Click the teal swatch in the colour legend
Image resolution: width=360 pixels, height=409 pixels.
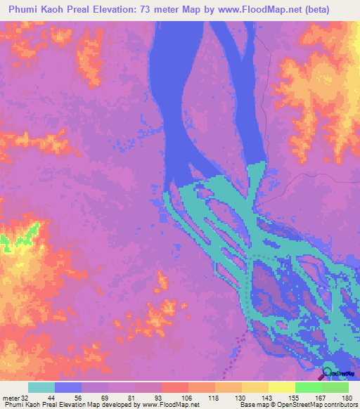[41, 387]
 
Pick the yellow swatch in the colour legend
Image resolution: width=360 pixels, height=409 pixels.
[281, 387]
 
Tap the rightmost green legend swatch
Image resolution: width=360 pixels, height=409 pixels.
[335, 387]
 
